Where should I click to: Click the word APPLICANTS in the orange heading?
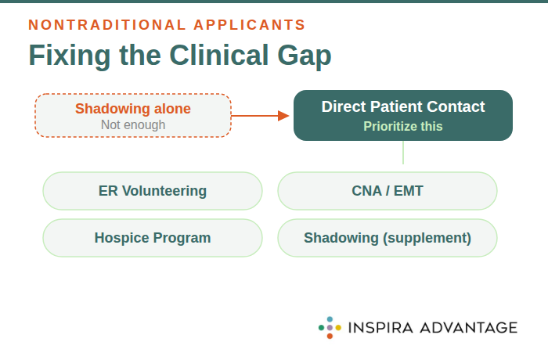point(250,25)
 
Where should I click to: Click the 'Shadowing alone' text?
point(132,109)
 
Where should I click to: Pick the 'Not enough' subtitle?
point(132,125)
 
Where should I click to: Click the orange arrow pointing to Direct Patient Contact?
point(261,116)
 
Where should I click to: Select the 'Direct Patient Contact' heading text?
point(402,107)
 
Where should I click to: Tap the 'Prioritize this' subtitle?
point(402,126)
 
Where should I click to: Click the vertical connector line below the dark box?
point(403,153)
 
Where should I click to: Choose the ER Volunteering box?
point(153,191)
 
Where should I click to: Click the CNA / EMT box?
point(388,191)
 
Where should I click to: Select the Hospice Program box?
point(153,238)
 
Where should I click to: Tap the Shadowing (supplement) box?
point(388,238)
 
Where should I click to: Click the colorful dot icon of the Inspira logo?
point(330,327)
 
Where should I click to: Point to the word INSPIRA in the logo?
point(380,327)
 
